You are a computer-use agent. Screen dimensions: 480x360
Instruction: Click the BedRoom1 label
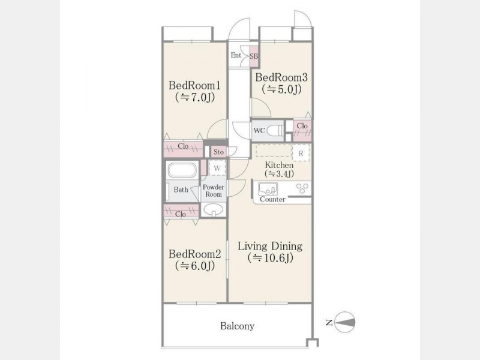(x=194, y=85)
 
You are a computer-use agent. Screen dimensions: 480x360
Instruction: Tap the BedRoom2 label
(x=194, y=254)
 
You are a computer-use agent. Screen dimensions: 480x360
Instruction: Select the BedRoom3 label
(x=281, y=77)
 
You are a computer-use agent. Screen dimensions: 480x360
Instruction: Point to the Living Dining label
(x=271, y=246)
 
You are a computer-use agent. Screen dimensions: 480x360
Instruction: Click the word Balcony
(x=237, y=326)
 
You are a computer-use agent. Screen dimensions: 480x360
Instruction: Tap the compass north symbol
(x=344, y=322)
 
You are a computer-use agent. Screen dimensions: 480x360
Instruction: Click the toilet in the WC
(x=275, y=131)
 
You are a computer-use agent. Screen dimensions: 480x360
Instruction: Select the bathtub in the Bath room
(x=182, y=170)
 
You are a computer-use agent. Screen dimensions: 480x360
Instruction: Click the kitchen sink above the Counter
(x=268, y=188)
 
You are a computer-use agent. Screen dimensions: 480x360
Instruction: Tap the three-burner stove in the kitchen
(x=302, y=188)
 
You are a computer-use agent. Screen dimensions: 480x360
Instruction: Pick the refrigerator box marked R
(x=301, y=154)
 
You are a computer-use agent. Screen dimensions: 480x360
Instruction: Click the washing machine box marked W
(x=217, y=168)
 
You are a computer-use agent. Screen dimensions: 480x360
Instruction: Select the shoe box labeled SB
(x=254, y=56)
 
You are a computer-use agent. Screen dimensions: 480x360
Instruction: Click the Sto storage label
(x=218, y=152)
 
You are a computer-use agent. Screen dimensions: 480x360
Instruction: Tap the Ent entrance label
(x=236, y=55)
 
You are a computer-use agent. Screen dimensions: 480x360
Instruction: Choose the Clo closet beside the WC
(x=302, y=131)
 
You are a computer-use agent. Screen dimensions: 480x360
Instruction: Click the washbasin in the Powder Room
(x=214, y=210)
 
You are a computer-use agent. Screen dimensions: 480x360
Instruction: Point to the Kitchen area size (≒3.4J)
(x=279, y=174)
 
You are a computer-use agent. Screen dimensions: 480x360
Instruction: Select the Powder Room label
(x=214, y=191)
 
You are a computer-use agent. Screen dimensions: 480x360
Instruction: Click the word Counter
(x=272, y=199)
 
